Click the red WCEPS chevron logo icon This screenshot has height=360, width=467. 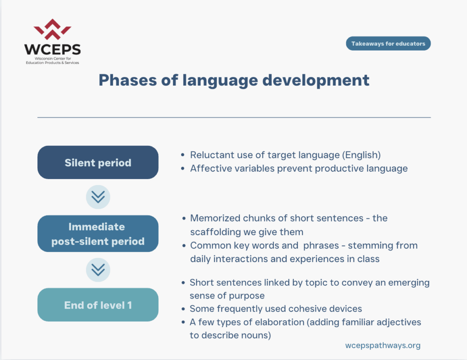pyautogui.click(x=52, y=29)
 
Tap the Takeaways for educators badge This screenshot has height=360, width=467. pyautogui.click(x=388, y=43)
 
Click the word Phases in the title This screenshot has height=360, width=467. pyautogui.click(x=128, y=80)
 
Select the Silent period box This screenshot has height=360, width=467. pyautogui.click(x=98, y=162)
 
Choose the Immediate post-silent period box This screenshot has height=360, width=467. pyautogui.click(x=98, y=234)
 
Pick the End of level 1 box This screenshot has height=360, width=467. pyautogui.click(x=98, y=305)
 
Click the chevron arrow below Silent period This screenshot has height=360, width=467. pyautogui.click(x=98, y=197)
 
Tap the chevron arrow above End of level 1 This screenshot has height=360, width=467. pyautogui.click(x=98, y=270)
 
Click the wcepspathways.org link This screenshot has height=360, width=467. pyautogui.click(x=383, y=345)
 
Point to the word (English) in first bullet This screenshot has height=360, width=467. pyautogui.click(x=361, y=155)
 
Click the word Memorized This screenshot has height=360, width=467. pyautogui.click(x=215, y=218)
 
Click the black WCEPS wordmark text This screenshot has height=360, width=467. pyautogui.click(x=52, y=49)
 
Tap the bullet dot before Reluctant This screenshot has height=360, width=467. pyautogui.click(x=182, y=155)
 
